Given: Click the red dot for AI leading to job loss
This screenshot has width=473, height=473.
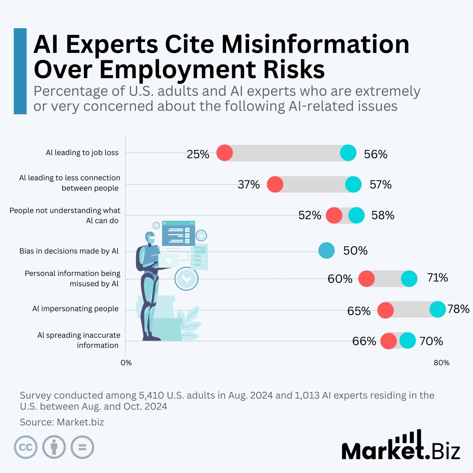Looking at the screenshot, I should tap(224, 153).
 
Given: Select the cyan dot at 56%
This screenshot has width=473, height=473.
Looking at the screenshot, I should tap(348, 153).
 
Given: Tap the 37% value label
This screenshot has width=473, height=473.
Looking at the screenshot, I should tap(249, 184).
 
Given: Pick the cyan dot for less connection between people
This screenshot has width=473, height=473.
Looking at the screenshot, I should tap(353, 184).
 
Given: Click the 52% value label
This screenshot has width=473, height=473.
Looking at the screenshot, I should tap(309, 215).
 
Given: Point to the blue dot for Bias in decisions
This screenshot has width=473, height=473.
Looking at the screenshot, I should tap(326, 250).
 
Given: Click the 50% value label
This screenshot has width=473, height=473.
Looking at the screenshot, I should tap(355, 251).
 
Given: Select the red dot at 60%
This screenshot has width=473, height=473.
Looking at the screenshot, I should tap(366, 279).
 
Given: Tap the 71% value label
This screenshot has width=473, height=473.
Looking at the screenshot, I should tap(437, 278).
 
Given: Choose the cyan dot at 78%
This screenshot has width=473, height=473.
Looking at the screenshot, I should tap(438, 309).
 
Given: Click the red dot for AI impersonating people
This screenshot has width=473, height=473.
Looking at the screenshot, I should tap(386, 310).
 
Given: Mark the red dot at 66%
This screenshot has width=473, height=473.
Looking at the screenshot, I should tap(389, 341).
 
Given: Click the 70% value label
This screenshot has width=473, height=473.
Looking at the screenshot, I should tap(431, 341).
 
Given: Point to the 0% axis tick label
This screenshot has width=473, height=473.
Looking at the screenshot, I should tap(126, 363).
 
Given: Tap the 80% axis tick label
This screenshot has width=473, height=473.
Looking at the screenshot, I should tap(441, 363).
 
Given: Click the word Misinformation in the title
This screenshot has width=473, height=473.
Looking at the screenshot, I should tap(315, 44).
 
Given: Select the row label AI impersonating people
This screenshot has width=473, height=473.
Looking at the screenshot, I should tap(75, 309).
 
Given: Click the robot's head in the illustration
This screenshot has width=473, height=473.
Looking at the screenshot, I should tap(150, 238).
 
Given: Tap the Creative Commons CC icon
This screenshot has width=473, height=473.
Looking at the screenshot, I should tap(26, 447).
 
